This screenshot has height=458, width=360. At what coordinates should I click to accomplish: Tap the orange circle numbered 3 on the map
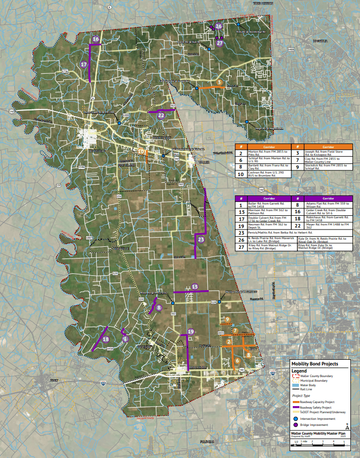(x=218, y=82)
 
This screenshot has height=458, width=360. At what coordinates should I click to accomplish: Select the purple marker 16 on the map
(x=95, y=39)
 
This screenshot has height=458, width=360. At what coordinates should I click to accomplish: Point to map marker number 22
(x=160, y=116)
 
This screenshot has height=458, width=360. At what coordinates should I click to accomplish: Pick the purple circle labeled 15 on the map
(x=195, y=287)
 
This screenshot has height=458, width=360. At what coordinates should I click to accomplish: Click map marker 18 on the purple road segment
(x=106, y=339)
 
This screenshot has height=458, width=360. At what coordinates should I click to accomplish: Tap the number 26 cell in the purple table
(x=241, y=239)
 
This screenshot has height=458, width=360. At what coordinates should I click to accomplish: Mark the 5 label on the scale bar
(x=345, y=442)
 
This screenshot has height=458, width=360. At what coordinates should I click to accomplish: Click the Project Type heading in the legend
(x=301, y=395)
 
